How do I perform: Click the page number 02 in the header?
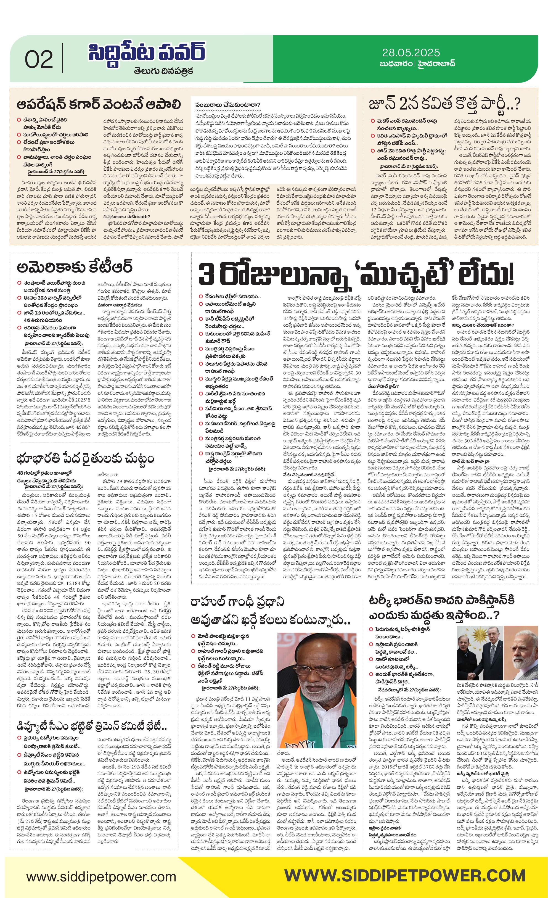(39, 59)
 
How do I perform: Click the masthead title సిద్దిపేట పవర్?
(147, 53)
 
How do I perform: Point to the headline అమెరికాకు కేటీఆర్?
(74, 267)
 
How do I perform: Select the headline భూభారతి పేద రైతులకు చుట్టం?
(85, 458)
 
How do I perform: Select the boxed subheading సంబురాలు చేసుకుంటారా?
(228, 105)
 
